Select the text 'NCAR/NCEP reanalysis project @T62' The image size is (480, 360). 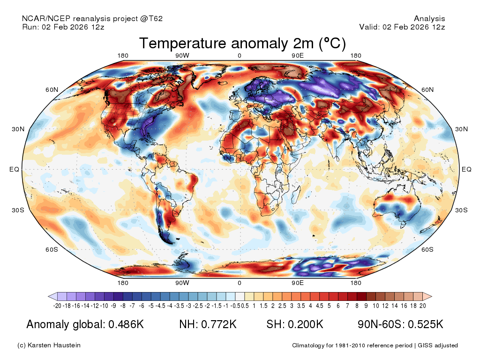(92, 18)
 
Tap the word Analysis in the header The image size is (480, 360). (429, 18)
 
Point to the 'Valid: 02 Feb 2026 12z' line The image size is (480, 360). (402, 27)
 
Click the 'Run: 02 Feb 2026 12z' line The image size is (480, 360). (63, 27)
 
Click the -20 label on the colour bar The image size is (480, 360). (58, 306)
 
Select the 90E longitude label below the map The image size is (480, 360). (298, 283)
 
